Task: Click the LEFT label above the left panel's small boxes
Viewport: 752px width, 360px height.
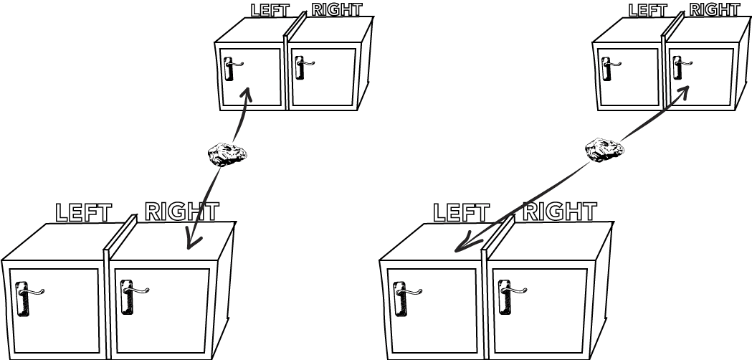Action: pos(270,10)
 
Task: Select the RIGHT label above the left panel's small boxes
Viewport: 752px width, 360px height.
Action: pos(336,9)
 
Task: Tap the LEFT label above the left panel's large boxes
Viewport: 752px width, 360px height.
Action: pos(83,212)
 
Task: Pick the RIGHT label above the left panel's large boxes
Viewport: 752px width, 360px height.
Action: pos(181,211)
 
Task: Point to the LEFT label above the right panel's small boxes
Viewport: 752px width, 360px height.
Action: pos(647,10)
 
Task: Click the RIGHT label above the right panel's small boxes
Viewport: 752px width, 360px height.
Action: pos(714,9)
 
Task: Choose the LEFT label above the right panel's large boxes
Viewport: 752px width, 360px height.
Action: pos(461,212)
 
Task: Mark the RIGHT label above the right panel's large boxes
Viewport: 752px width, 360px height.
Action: pos(559,211)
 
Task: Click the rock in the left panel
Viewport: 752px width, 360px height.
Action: pos(227,154)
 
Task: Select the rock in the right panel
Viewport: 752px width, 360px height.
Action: pos(604,149)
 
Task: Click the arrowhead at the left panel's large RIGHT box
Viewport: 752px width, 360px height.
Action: pos(191,242)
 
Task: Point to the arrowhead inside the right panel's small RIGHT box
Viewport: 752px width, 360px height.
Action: pos(685,89)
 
